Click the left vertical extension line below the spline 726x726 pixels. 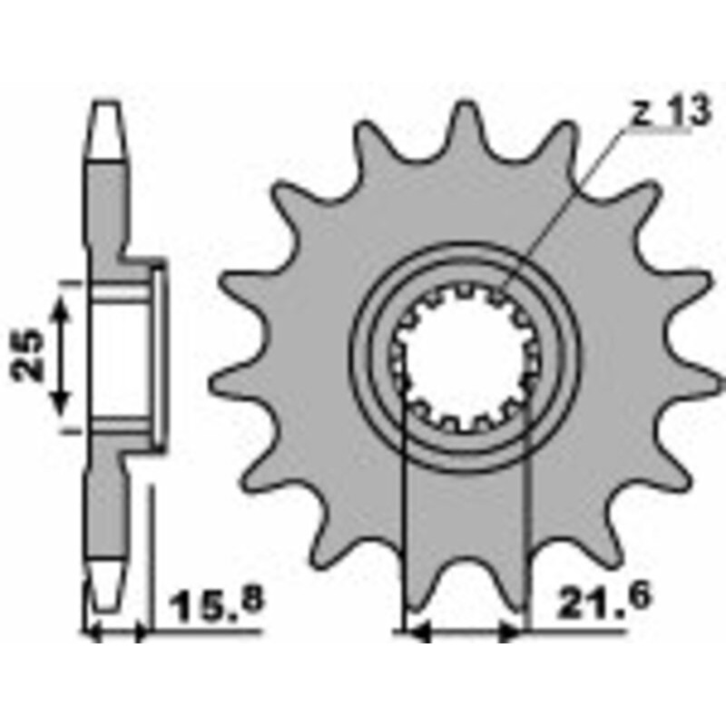[x=401, y=508]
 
